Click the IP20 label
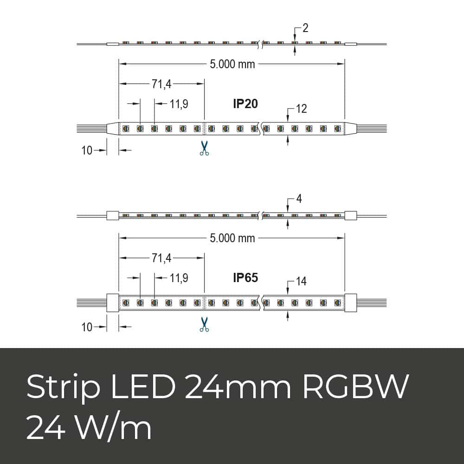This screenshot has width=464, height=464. pyautogui.click(x=245, y=103)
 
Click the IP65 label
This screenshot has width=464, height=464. pyautogui.click(x=245, y=277)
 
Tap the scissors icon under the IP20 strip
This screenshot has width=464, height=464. pyautogui.click(x=204, y=148)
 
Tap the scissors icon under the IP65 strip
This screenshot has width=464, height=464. pyautogui.click(x=204, y=324)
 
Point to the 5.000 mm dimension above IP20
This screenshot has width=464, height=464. pyautogui.click(x=232, y=64)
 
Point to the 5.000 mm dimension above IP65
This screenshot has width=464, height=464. pyautogui.click(x=232, y=238)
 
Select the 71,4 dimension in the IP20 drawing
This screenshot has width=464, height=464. pyautogui.click(x=161, y=84)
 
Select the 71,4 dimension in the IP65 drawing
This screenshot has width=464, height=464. pyautogui.click(x=161, y=258)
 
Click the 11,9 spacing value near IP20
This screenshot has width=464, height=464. pyautogui.click(x=179, y=104)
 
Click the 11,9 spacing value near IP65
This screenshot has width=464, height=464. pyautogui.click(x=179, y=278)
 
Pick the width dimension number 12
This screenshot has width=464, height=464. pyautogui.click(x=301, y=109)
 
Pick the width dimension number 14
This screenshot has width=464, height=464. pyautogui.click(x=301, y=281)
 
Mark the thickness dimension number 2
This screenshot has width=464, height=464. pyautogui.click(x=305, y=28)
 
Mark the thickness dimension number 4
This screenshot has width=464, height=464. pyautogui.click(x=299, y=199)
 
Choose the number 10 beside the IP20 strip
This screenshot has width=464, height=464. pyautogui.click(x=87, y=150)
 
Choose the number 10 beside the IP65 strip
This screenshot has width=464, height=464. pyautogui.click(x=87, y=327)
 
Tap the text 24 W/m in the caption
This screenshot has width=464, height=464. pyautogui.click(x=89, y=428)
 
